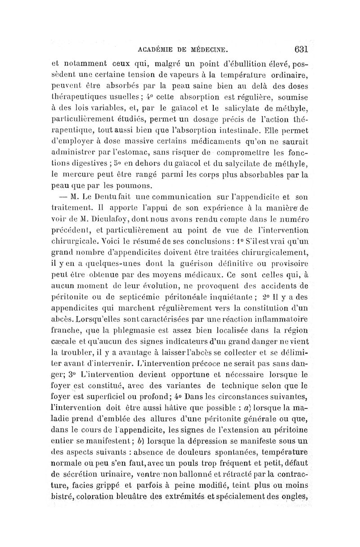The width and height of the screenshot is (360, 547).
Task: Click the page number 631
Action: point(298,48)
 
